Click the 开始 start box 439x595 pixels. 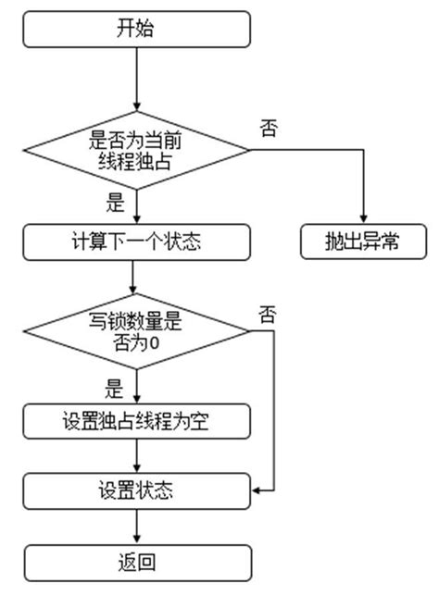(x=136, y=29)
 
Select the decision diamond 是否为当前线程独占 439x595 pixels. (x=136, y=149)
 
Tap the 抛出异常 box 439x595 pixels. (x=363, y=243)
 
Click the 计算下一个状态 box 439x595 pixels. (x=136, y=243)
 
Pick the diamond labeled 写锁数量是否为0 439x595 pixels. (x=136, y=331)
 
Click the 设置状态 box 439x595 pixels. (x=136, y=488)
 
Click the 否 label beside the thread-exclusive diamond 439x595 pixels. (x=270, y=129)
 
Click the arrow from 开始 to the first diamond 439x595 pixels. (x=136, y=78)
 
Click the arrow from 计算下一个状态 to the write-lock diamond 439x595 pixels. (x=136, y=276)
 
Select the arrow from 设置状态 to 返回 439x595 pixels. (x=136, y=524)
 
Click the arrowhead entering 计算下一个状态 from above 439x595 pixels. (x=136, y=220)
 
